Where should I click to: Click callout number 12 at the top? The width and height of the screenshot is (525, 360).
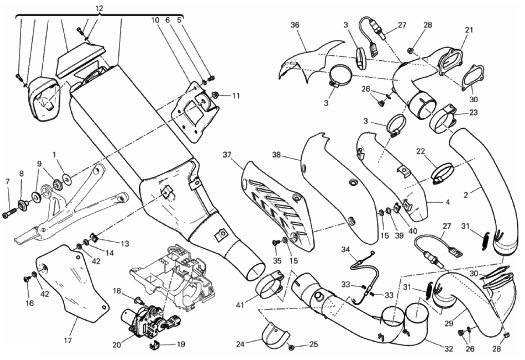pos(99,8)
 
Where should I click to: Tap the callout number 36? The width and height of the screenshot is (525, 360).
pos(295,25)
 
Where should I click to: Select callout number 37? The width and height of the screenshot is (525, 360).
pos(227,155)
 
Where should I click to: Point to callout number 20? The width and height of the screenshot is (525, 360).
pos(117,345)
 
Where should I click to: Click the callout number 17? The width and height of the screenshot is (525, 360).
pos(68,341)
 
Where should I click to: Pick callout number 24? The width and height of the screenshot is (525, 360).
pos(240,344)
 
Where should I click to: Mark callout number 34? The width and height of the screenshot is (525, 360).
pos(345,250)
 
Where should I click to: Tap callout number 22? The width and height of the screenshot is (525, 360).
pos(421,151)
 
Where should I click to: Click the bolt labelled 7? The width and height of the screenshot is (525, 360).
pos(10,214)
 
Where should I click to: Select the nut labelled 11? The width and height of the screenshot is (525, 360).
pos(216,95)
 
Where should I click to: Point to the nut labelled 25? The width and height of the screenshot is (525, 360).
pos(291,347)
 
